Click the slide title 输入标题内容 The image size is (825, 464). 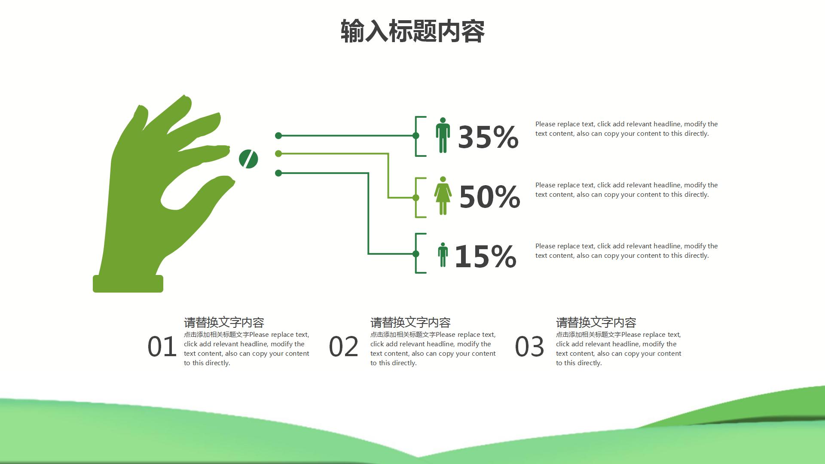(x=412, y=31)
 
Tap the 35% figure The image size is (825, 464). (x=488, y=137)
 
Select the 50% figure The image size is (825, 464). (x=490, y=197)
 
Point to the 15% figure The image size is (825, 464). (x=486, y=256)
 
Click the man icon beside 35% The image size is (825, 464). (x=443, y=135)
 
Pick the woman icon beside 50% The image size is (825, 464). (x=443, y=195)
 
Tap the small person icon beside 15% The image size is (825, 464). (x=443, y=254)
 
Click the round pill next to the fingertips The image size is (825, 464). (x=248, y=159)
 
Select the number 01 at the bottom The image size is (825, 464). (x=162, y=347)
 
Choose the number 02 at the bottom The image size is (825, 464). (x=343, y=347)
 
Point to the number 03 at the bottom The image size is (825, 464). (x=529, y=347)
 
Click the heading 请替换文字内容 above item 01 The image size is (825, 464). (x=224, y=322)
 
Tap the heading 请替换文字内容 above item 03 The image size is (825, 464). (x=596, y=322)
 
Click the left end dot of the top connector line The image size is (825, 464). (x=278, y=136)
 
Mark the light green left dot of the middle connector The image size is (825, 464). (x=278, y=153)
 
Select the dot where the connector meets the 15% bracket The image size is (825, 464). (x=416, y=254)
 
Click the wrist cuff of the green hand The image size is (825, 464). (x=128, y=284)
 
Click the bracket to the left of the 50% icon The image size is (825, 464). (x=416, y=198)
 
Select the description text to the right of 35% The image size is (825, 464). (x=626, y=129)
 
